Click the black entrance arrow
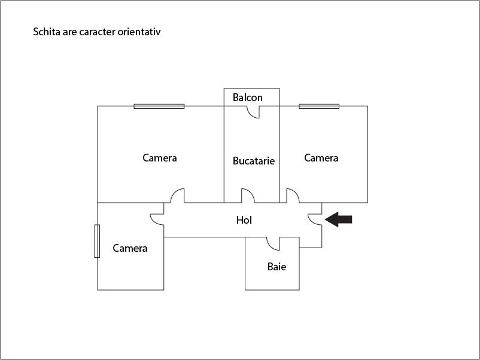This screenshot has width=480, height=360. coord(338,219)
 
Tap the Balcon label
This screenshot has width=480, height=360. coord(247,97)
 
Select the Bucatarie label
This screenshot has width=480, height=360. coord(254,161)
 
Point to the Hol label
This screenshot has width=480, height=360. coord(244,220)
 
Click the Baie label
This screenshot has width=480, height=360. coord(277,267)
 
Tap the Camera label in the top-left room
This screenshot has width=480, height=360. coord(159,158)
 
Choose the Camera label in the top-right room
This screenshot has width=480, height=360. coord(321,158)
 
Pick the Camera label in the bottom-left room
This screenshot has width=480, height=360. coord(130,248)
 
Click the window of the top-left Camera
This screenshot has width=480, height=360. coord(159,106)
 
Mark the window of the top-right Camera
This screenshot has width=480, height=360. coord(319,106)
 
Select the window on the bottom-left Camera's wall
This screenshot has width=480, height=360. coord(97,241)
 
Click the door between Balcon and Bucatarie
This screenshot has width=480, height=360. coord(253,112)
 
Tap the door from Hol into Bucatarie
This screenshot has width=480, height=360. coord(248,196)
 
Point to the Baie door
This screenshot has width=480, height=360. coord(273,244)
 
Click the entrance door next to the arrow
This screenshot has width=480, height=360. coord(315,219)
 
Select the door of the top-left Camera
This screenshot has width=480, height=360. coord(178,196)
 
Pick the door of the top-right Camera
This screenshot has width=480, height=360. coord(293,196)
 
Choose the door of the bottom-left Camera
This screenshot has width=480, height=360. coord(157,219)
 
